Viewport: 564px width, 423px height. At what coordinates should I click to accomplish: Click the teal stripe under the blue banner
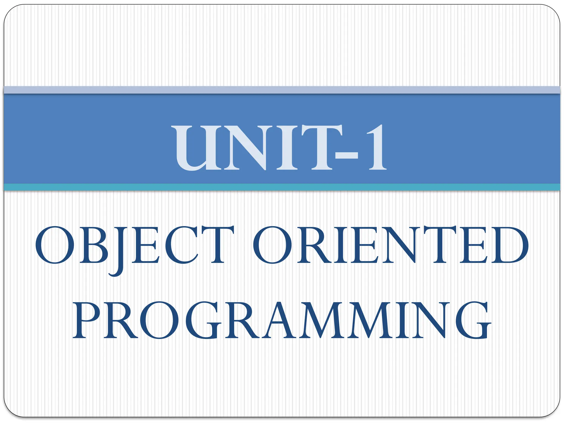pos(282,187)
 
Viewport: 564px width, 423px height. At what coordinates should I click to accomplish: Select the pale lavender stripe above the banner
pos(282,90)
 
